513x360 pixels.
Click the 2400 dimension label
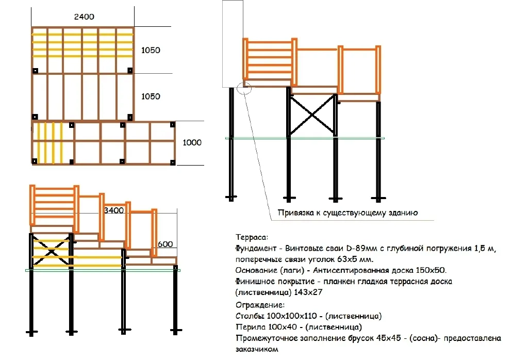pyautogui.click(x=84, y=17)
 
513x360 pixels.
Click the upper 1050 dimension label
pyautogui.click(x=151, y=51)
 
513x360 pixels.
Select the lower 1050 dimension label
pyautogui.click(x=151, y=96)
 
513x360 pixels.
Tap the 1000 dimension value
pyautogui.click(x=192, y=143)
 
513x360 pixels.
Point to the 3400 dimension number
pyautogui.click(x=114, y=210)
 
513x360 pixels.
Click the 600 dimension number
pyautogui.click(x=165, y=244)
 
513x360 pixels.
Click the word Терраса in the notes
pyautogui.click(x=251, y=237)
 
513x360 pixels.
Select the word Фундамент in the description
pyautogui.click(x=256, y=249)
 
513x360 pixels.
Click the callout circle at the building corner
pyautogui.click(x=244, y=83)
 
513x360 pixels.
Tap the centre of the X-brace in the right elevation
pyautogui.click(x=313, y=115)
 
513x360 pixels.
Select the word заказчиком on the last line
pyautogui.click(x=257, y=350)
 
